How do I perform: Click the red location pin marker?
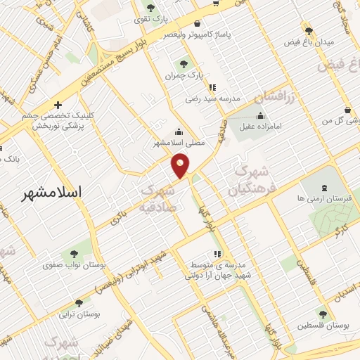pyautogui.click(x=181, y=165)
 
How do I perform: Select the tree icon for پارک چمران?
pyautogui.click(x=184, y=64)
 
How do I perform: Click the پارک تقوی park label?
pyautogui.click(x=150, y=20)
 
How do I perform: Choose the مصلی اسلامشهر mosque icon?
pyautogui.click(x=179, y=131)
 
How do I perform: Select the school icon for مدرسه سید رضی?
pyautogui.click(x=212, y=88)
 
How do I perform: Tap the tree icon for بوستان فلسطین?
pyautogui.click(x=323, y=314)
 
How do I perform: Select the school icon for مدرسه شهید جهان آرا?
pyautogui.click(x=217, y=254)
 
